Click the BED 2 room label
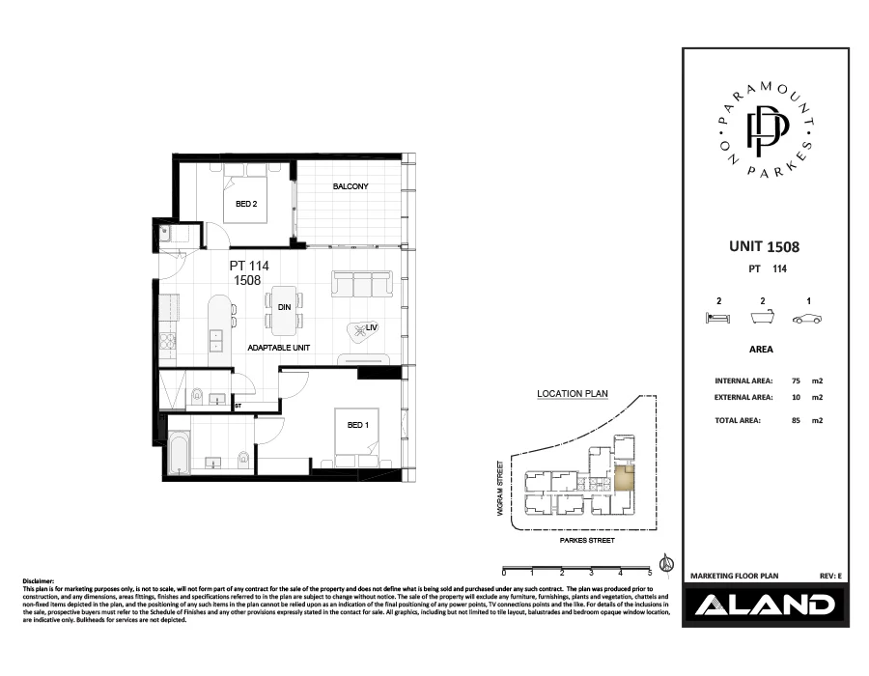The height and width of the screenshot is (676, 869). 246,204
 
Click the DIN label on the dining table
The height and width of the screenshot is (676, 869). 284,307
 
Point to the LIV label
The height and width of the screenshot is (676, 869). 371,328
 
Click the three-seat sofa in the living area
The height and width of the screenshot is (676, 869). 362,283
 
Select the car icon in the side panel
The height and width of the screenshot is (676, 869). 806,318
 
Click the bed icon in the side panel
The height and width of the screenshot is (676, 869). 717,318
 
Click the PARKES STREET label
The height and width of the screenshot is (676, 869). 587,542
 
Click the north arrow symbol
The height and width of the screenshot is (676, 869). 664,564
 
